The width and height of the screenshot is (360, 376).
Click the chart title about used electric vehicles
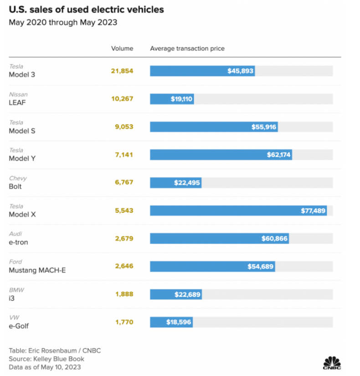(87, 9)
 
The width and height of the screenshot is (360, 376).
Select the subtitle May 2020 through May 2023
(63, 22)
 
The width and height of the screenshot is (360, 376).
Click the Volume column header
(122, 48)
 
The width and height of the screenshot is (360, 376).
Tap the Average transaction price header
(187, 48)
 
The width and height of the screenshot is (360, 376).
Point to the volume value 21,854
(122, 71)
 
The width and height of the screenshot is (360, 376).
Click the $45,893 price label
(240, 71)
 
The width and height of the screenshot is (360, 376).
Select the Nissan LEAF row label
(18, 99)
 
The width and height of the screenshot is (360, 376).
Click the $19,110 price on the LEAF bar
(181, 99)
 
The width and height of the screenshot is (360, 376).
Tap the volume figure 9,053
(123, 127)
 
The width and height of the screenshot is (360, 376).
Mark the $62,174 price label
(278, 155)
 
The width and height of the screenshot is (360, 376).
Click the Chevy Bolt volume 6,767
(123, 183)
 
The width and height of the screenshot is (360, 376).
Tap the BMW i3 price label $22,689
(187, 295)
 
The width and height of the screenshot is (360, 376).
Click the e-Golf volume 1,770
(124, 322)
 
